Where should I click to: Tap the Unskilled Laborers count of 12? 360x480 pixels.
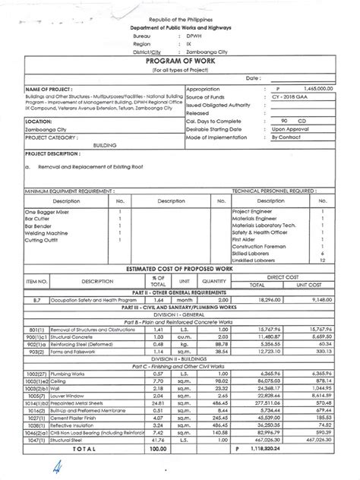pyautogui.click(x=323, y=259)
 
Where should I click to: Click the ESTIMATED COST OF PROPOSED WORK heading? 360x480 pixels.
pyautogui.click(x=180, y=270)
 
